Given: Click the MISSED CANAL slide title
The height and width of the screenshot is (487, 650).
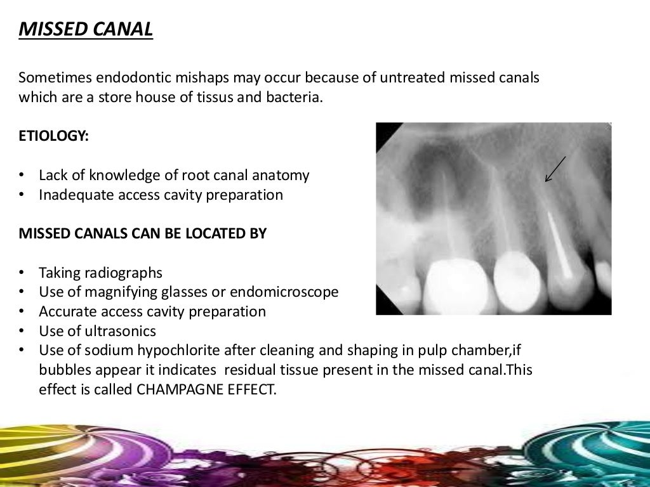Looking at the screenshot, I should [x=86, y=29].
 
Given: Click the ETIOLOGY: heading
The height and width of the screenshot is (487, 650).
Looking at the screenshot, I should [x=53, y=136].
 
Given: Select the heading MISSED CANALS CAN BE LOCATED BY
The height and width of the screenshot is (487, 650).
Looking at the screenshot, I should [x=143, y=234].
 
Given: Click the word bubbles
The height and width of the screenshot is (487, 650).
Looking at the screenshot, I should [x=62, y=370].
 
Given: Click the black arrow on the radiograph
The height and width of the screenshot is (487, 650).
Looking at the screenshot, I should [x=555, y=169].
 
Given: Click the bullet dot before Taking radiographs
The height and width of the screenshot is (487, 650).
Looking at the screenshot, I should [x=23, y=273].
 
